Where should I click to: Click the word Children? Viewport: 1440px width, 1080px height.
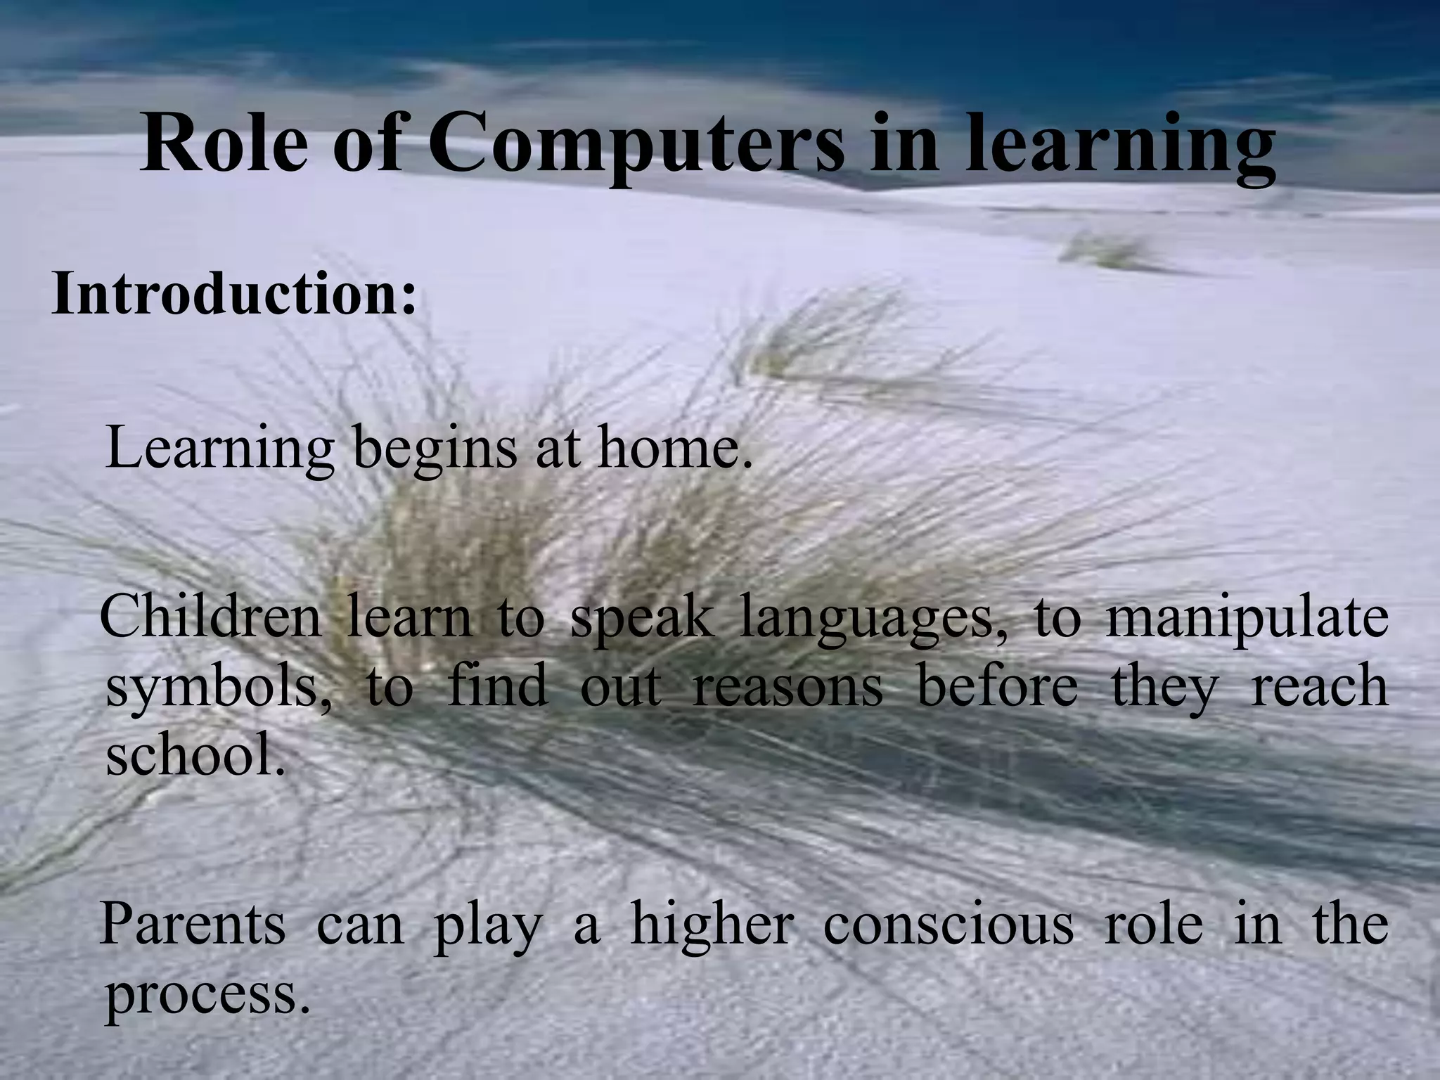coord(210,616)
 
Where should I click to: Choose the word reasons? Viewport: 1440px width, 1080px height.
coord(787,686)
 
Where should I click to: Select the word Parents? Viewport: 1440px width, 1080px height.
coord(193,924)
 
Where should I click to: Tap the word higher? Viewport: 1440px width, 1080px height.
coord(712,924)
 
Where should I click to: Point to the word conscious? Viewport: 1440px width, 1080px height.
coord(949,924)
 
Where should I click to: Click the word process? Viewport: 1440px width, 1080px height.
coord(207,996)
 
